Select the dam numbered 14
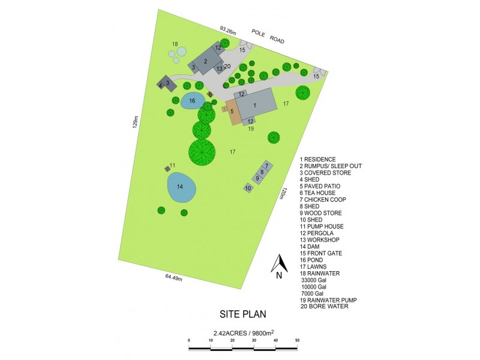tap(181, 188)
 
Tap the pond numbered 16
tap(192, 101)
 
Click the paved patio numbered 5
tap(231, 112)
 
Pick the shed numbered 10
tap(248, 188)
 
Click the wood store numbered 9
tap(257, 178)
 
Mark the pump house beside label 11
tap(167, 169)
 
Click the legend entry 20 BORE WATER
tap(324, 307)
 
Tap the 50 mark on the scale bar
tap(297, 340)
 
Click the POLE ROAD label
tap(268, 40)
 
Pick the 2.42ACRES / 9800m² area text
tap(242, 332)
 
